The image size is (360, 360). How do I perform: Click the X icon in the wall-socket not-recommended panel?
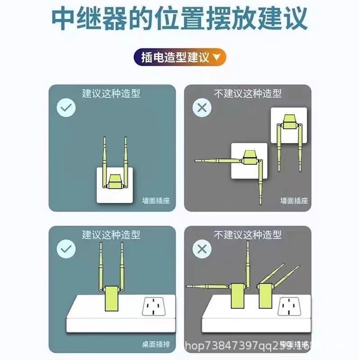202,108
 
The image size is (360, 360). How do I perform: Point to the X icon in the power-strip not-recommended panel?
202,249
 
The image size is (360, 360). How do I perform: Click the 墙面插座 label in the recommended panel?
156,201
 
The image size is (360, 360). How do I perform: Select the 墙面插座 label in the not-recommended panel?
293,201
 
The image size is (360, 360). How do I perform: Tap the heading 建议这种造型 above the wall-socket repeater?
111,94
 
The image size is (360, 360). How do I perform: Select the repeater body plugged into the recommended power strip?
112,297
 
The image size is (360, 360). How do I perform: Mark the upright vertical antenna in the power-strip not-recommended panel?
247,261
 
